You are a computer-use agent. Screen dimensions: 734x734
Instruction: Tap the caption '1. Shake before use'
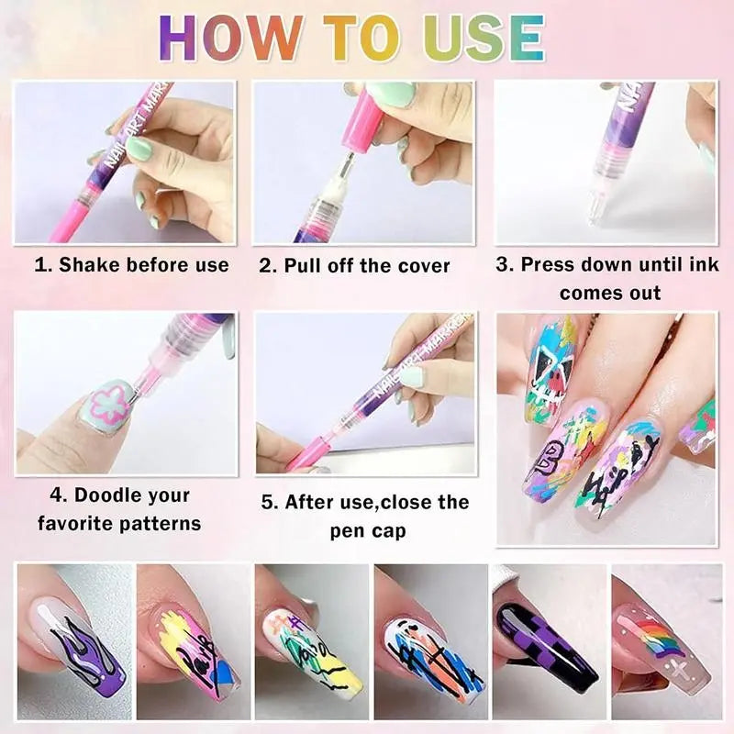[x=131, y=265]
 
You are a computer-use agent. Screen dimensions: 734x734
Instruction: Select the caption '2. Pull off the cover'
[x=355, y=266]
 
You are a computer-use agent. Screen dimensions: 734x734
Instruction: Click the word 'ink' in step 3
[x=703, y=264]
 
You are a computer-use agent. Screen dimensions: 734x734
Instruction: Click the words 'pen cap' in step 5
[x=368, y=531]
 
